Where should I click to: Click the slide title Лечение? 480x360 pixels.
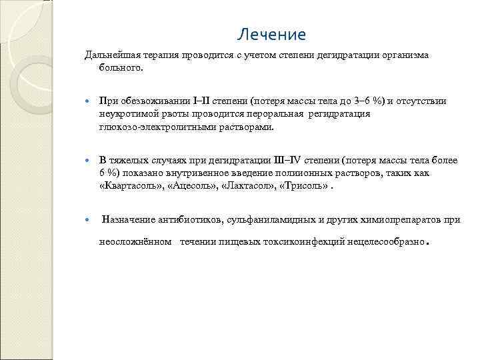click(x=271, y=35)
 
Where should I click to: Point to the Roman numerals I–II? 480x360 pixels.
click(x=201, y=101)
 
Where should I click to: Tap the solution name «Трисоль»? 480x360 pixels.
click(x=303, y=186)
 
